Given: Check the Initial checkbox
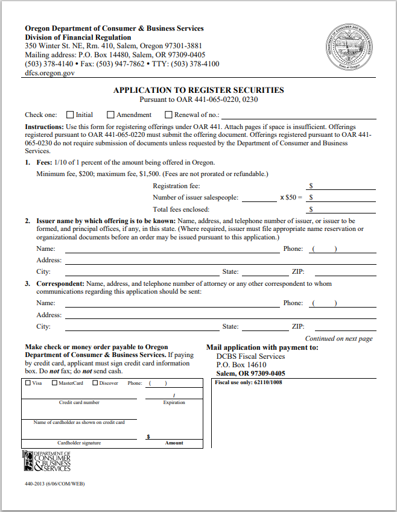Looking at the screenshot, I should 70,115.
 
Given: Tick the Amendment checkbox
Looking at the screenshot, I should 110,115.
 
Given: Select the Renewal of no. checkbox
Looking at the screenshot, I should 168,115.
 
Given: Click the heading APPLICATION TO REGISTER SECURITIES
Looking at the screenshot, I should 198,90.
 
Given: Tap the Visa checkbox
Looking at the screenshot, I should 28,382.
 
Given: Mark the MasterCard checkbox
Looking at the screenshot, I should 54,382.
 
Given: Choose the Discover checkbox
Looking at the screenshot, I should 95,382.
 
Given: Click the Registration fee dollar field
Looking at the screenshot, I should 341,186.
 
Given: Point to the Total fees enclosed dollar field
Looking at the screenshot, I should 341,209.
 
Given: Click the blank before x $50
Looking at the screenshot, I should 259,197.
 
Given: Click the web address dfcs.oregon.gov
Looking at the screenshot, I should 50,72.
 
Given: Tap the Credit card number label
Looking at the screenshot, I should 79,402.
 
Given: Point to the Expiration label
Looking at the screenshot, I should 174,402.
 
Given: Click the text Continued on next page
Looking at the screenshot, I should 338,339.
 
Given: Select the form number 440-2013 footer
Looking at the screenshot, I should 51,484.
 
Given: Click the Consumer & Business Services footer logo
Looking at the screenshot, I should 46,461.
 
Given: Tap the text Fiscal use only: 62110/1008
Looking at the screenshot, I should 249,382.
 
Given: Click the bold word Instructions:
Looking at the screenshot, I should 44,127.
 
